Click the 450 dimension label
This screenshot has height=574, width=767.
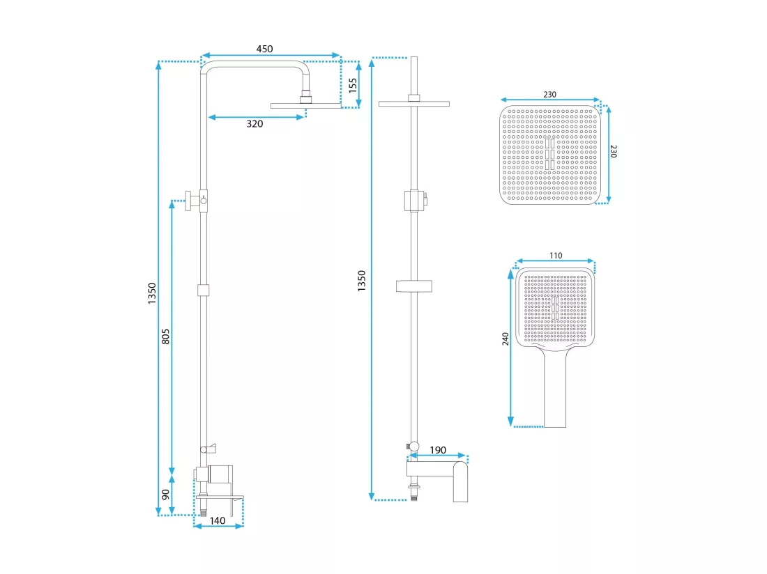tap(264, 49)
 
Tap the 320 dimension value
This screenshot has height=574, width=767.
tap(255, 124)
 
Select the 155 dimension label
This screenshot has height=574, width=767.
tap(353, 86)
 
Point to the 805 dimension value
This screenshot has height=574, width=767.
tap(166, 336)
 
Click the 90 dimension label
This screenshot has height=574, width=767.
tap(166, 495)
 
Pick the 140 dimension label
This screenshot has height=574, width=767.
tap(217, 521)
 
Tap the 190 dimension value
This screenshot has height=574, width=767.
tap(438, 450)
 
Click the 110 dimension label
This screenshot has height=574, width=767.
tap(556, 256)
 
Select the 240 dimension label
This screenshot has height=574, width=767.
tap(506, 339)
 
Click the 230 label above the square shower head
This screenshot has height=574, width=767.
tap(550, 94)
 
